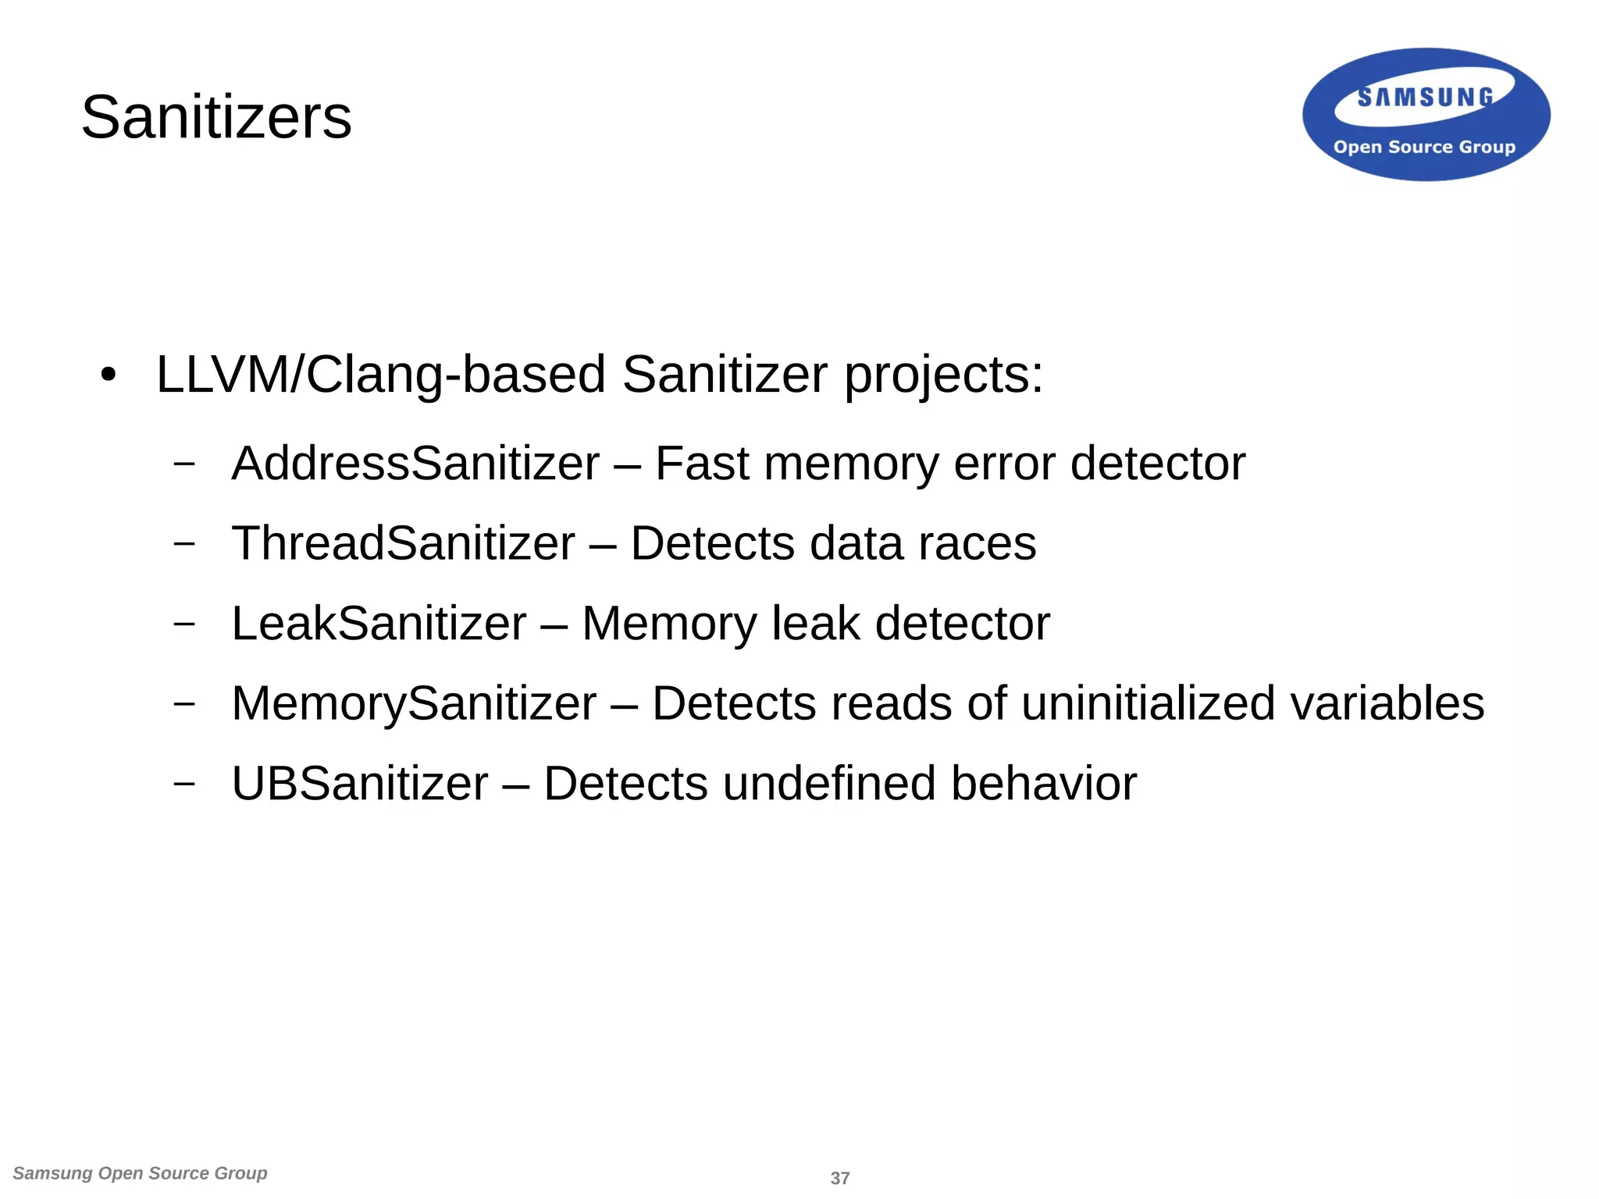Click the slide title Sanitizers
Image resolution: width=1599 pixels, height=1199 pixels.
point(216,118)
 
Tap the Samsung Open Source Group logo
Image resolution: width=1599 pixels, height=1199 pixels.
point(1426,115)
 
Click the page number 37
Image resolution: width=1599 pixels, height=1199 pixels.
point(840,1178)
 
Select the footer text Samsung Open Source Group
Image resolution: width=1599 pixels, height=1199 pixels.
point(140,1173)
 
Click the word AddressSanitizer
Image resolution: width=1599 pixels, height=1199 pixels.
point(415,464)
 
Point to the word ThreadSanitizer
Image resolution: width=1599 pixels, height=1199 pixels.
point(403,543)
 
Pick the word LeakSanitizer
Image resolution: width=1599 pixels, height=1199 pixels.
point(379,624)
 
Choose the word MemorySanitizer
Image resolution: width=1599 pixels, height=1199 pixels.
point(414,703)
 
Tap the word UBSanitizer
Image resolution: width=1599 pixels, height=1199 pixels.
point(360,784)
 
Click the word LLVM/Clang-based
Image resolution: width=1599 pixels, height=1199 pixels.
point(381,375)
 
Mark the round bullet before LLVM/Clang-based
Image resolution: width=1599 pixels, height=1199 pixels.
point(108,375)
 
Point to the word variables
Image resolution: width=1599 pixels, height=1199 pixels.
point(1387,703)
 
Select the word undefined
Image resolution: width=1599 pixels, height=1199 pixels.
point(828,784)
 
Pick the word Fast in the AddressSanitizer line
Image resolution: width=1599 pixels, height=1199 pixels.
point(702,464)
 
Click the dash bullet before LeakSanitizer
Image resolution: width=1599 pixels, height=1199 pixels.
point(184,623)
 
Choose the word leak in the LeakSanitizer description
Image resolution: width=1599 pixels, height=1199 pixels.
point(816,624)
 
